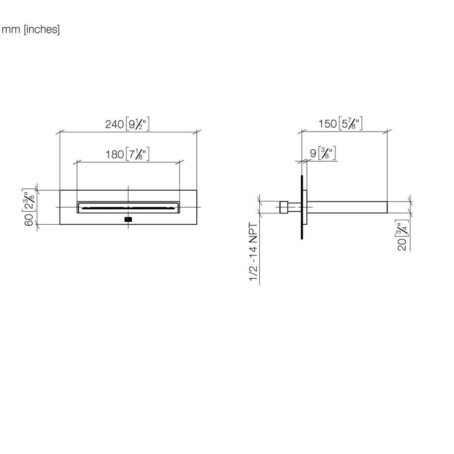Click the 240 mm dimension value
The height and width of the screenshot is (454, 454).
115,124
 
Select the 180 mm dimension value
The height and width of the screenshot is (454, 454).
115,154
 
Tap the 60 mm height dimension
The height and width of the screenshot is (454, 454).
29,221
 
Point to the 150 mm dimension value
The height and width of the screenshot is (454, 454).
328,124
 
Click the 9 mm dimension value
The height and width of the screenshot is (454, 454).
313,153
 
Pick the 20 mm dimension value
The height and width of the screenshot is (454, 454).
402,245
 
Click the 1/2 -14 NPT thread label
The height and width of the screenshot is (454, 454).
253,252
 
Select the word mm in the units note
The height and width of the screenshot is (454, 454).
11,30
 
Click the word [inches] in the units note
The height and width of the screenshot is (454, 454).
42,30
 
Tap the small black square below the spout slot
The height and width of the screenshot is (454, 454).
128,220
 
